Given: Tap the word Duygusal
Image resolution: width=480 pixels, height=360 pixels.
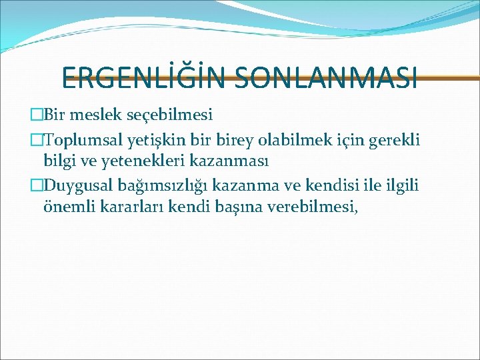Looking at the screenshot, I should (x=81, y=185).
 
